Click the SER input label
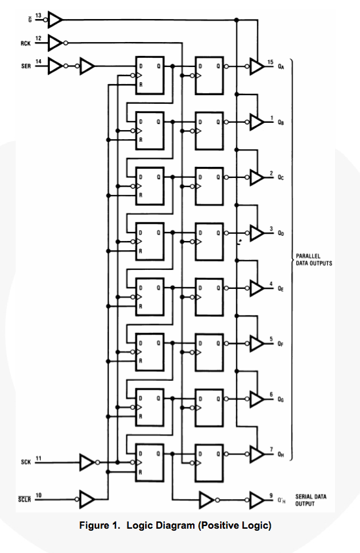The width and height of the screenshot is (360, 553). coord(26,66)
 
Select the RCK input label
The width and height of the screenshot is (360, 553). coord(26,43)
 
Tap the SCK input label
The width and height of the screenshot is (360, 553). coord(26,462)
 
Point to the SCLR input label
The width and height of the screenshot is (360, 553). coord(24,499)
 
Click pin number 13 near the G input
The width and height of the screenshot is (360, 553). coord(38,16)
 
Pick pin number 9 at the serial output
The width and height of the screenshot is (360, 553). coord(271,495)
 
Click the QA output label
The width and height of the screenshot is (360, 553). coord(281,66)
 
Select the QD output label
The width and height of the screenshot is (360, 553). coord(281,233)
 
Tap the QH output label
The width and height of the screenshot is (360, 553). coord(281,454)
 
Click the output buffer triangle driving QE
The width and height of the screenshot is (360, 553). coord(256,288)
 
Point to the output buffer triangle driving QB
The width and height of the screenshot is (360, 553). coord(256,122)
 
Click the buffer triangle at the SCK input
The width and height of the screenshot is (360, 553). coord(87,462)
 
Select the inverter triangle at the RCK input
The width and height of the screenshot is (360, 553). coord(55,43)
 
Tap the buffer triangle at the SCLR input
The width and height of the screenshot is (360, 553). coord(87,499)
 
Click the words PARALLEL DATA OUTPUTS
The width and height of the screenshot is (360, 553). coord(314,259)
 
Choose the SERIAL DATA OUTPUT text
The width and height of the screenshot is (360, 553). coord(311,500)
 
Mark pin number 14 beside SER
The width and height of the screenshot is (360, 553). coord(38,61)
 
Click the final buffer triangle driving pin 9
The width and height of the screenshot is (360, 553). coord(257,500)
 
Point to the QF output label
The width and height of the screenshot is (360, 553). coord(281,343)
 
